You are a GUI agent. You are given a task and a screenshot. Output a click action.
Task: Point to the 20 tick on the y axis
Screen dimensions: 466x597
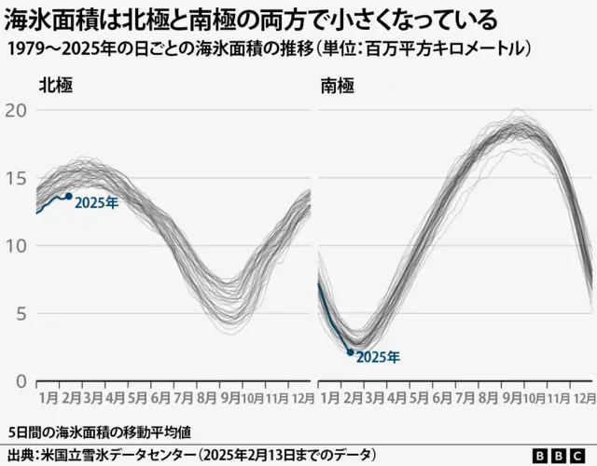coord(16,110)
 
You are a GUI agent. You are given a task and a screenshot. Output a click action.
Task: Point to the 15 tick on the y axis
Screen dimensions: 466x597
coord(16,178)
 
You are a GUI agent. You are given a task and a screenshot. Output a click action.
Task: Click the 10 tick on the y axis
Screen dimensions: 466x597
coord(16,246)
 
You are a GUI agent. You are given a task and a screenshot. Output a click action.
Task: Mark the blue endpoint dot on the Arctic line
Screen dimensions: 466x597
coord(68,196)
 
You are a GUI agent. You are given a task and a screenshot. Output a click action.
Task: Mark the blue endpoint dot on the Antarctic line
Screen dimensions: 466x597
coord(350,352)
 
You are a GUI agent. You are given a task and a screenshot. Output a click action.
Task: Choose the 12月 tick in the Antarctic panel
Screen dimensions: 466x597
coord(581,398)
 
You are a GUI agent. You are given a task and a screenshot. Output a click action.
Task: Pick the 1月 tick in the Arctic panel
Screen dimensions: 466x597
coord(49,398)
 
